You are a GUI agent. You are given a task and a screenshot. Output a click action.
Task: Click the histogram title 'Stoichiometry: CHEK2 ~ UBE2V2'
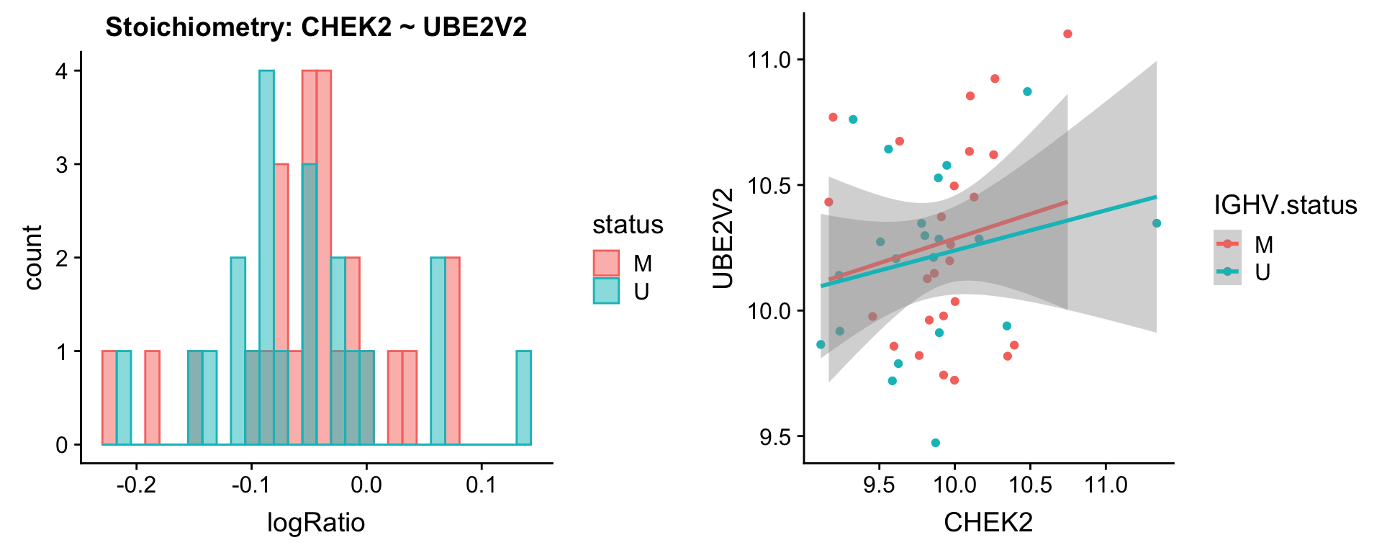(316, 27)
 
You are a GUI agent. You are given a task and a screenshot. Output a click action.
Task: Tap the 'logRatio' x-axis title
(316, 522)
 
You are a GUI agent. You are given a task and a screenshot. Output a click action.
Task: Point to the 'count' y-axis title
(32, 257)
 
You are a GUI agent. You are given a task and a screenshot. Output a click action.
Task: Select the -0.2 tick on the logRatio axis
(137, 485)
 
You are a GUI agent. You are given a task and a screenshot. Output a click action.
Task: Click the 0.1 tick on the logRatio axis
(481, 485)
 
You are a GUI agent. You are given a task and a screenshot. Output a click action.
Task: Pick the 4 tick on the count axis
(62, 71)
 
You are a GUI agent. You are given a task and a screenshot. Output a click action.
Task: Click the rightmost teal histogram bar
(523, 397)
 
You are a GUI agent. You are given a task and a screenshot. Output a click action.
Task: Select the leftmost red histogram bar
(109, 397)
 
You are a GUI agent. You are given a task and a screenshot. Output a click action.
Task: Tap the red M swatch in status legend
(606, 264)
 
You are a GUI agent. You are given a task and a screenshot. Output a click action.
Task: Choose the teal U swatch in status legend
(606, 291)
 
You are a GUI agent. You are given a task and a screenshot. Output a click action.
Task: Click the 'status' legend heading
(628, 225)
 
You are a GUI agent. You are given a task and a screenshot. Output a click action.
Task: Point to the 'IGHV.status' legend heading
(1285, 205)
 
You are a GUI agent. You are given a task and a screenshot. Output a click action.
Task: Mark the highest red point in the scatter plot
(1067, 34)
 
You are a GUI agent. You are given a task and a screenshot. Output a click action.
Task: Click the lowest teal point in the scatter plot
(935, 443)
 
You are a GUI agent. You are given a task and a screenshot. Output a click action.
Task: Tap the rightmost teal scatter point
(1156, 223)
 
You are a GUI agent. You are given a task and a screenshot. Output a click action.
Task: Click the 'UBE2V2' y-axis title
(723, 238)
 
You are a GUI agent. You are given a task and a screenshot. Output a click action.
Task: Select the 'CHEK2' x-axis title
(988, 522)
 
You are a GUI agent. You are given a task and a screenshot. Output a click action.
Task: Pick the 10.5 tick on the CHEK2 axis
(1030, 485)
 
